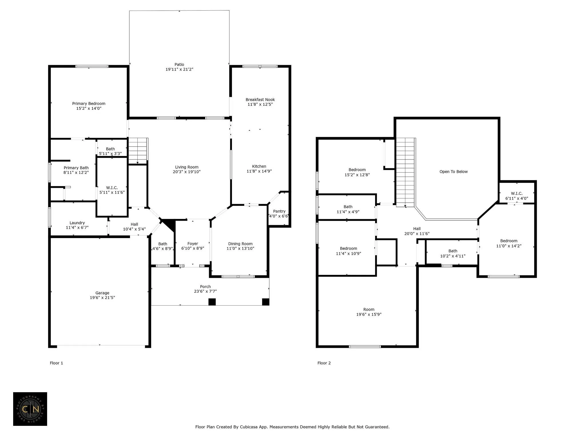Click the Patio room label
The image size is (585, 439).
[x=179, y=65]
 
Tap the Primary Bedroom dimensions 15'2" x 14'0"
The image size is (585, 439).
[x=89, y=108]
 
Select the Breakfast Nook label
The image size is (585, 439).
[x=260, y=99]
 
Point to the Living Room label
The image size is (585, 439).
[x=187, y=167]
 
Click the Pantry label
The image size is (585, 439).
[x=279, y=211]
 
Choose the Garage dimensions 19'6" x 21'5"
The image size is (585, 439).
[x=102, y=298]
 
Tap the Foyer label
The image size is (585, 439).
[x=193, y=244]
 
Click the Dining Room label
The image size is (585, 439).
[x=240, y=244]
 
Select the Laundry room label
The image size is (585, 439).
[x=77, y=223]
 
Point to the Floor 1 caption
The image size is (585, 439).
[x=56, y=363]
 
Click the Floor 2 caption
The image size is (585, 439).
[x=324, y=363]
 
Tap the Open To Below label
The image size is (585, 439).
[x=454, y=171]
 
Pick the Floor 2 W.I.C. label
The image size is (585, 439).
[x=517, y=193]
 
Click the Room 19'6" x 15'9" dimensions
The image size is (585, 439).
[x=369, y=314]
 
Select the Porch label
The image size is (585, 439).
[x=205, y=286]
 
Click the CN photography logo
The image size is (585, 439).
[x=30, y=409]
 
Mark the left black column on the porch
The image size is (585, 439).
[x=212, y=302]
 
